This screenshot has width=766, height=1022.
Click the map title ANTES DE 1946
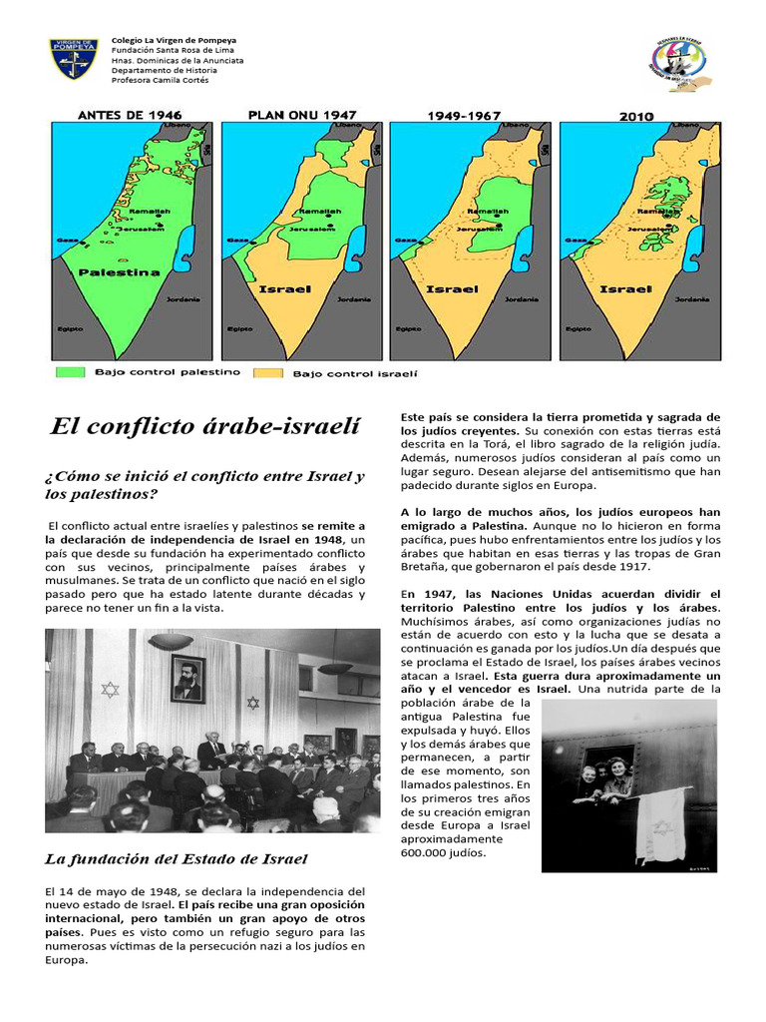pos(130,116)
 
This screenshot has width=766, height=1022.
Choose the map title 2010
pos(636,116)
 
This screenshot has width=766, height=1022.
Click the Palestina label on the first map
pos(119,271)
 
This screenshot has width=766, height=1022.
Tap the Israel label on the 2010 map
pos(625,288)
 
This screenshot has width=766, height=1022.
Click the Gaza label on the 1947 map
pos(237,241)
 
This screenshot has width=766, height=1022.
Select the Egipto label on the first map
pos(70,327)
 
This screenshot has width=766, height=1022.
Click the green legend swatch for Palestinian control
pos(71,372)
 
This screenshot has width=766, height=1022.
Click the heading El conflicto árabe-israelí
pos(204,427)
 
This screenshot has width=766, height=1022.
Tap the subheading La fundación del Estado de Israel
pos(177,858)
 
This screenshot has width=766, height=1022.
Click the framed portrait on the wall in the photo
pos(188,679)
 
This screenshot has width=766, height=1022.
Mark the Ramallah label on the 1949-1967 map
pos(487,212)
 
